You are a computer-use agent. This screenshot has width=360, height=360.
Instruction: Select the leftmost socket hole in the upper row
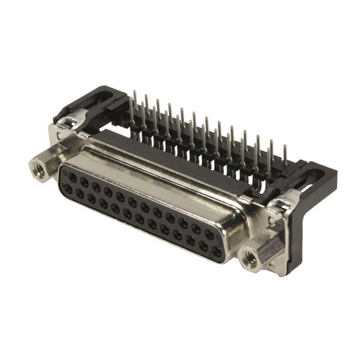(73, 177)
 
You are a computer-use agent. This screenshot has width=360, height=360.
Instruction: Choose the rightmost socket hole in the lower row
(217, 251)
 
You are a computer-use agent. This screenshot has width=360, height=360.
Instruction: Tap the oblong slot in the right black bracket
(314, 178)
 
